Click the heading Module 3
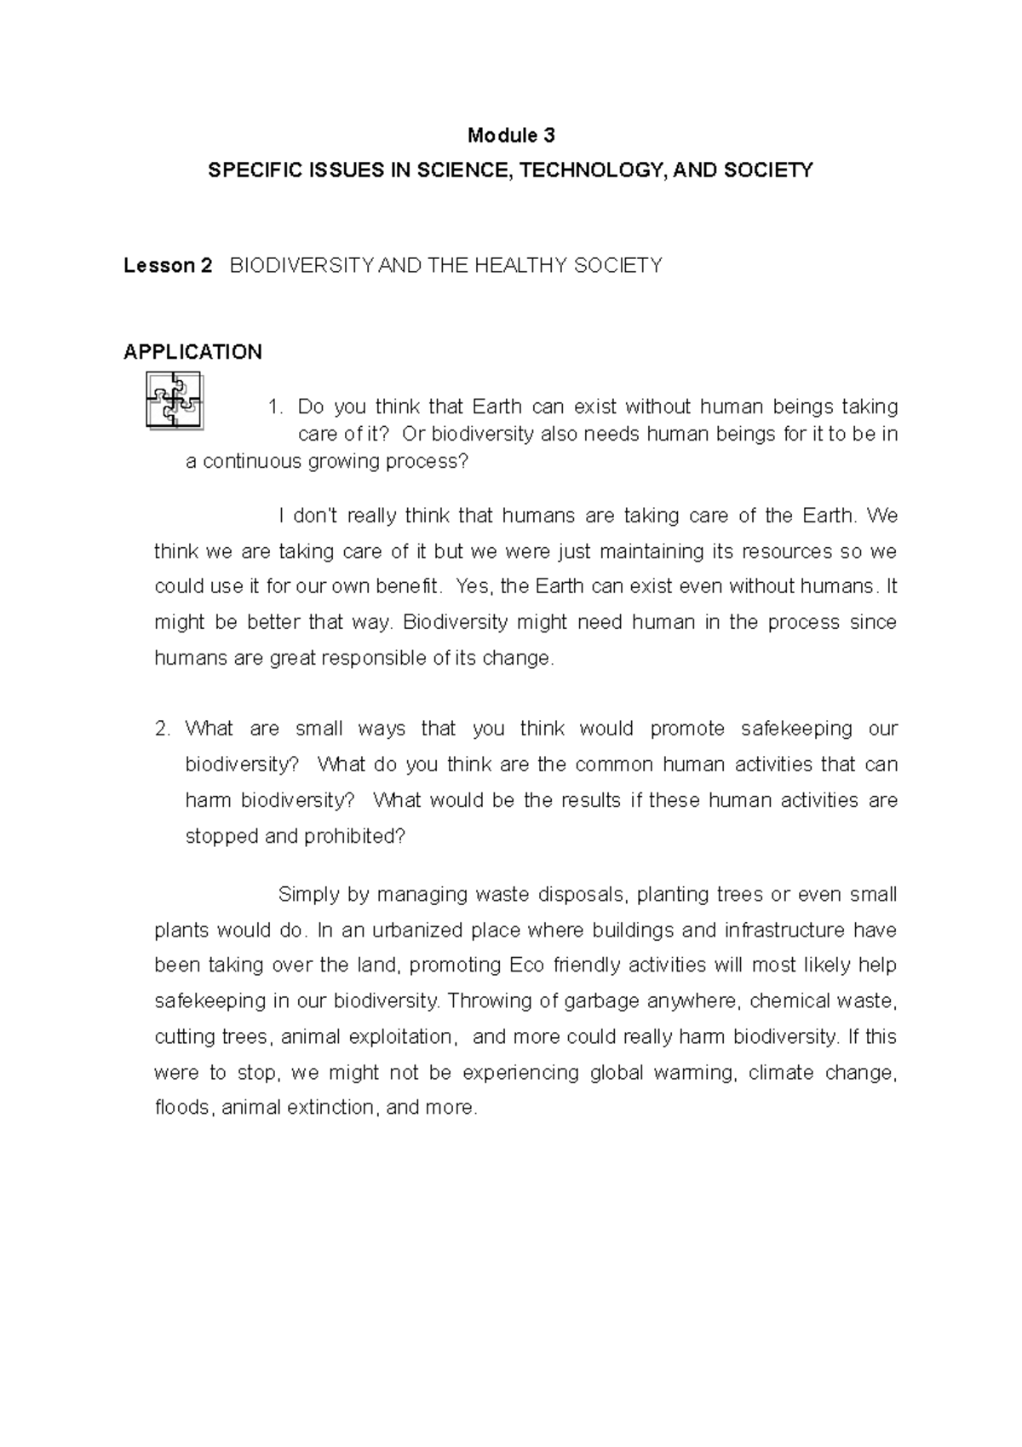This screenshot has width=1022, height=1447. pos(511,135)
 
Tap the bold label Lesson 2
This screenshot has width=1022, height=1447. pos(168,266)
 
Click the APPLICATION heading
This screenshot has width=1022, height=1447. pos(192,352)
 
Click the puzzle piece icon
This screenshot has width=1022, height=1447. pos(175,400)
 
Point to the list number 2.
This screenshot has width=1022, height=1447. pos(163,729)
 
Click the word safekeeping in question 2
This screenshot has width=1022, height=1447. pos(797,729)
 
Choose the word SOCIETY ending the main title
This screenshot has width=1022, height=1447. pos(768,170)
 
